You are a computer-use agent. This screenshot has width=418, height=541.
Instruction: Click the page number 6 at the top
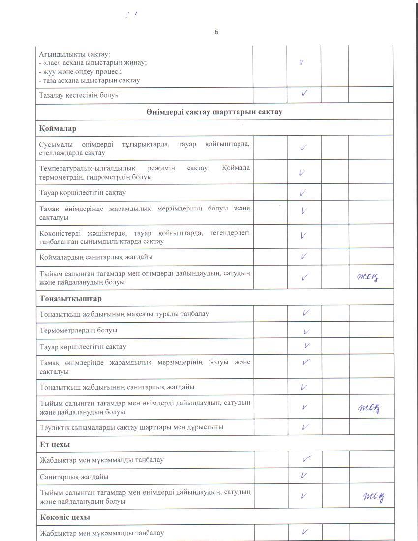pyautogui.click(x=216, y=32)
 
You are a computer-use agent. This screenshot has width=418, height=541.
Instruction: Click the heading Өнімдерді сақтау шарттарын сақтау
pyautogui.click(x=214, y=112)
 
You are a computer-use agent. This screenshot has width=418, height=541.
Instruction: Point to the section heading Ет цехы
pyautogui.click(x=55, y=444)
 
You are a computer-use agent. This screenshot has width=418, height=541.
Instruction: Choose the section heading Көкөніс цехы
pyautogui.click(x=65, y=517)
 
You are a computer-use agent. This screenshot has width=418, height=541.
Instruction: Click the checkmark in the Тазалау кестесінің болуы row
pyautogui.click(x=305, y=94)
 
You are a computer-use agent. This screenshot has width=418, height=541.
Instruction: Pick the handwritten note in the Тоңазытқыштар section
pyautogui.click(x=370, y=408)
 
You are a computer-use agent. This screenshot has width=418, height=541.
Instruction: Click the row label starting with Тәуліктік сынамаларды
pyautogui.click(x=131, y=427)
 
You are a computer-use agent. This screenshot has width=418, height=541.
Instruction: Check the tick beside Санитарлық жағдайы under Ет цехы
pyautogui.click(x=304, y=476)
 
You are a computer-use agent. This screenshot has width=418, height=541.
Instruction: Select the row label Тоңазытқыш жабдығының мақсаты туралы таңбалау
pyautogui.click(x=124, y=314)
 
